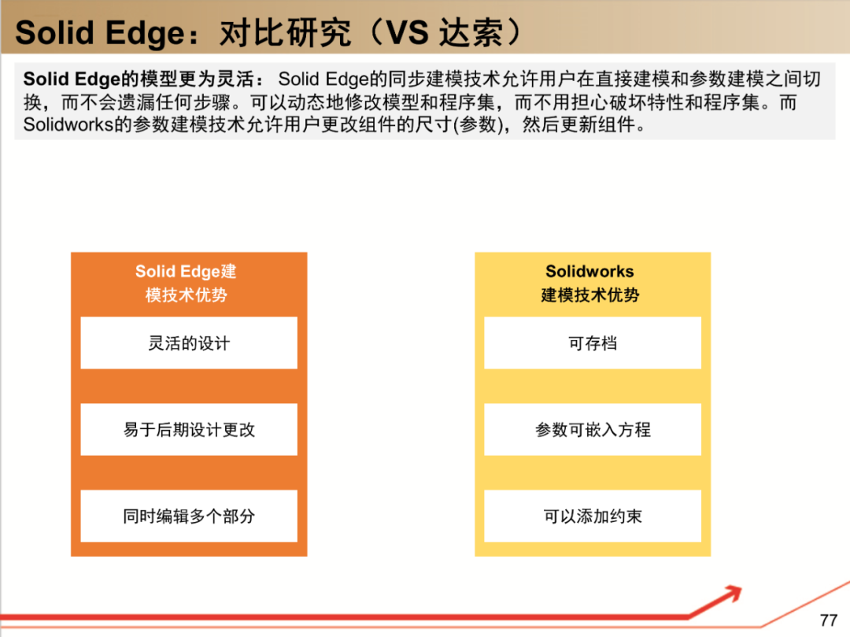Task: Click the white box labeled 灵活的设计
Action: pyautogui.click(x=189, y=343)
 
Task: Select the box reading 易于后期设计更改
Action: pyautogui.click(x=189, y=430)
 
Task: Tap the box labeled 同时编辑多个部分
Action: pyautogui.click(x=189, y=517)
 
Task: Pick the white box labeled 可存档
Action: pyautogui.click(x=593, y=343)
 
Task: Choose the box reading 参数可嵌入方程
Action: pyautogui.click(x=593, y=430)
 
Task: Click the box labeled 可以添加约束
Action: pyautogui.click(x=593, y=517)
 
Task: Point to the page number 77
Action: pyautogui.click(x=828, y=620)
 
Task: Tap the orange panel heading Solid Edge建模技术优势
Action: pyautogui.click(x=187, y=283)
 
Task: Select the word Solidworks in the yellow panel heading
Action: pyautogui.click(x=589, y=272)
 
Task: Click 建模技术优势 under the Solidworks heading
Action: pyautogui.click(x=590, y=295)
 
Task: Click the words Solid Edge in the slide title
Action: pyautogui.click(x=98, y=33)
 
